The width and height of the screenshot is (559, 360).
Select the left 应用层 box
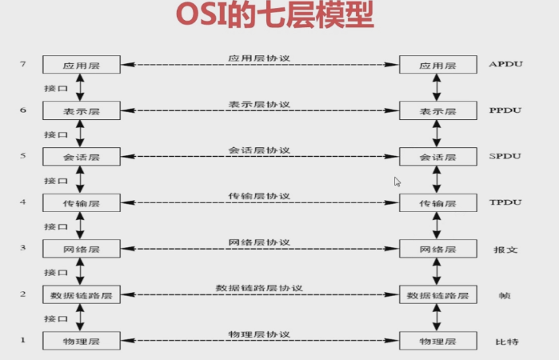coord(81,65)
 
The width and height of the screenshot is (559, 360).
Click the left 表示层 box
coord(81,111)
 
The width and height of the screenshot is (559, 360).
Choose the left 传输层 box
coord(81,203)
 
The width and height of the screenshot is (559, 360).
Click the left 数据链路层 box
coord(81,295)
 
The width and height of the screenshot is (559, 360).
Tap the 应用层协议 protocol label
coord(258,58)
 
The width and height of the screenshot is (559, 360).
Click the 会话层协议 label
coord(258,150)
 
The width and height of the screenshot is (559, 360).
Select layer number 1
coord(23,340)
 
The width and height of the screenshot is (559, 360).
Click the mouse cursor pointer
coord(397,181)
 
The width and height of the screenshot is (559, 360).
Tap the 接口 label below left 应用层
coord(55,88)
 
